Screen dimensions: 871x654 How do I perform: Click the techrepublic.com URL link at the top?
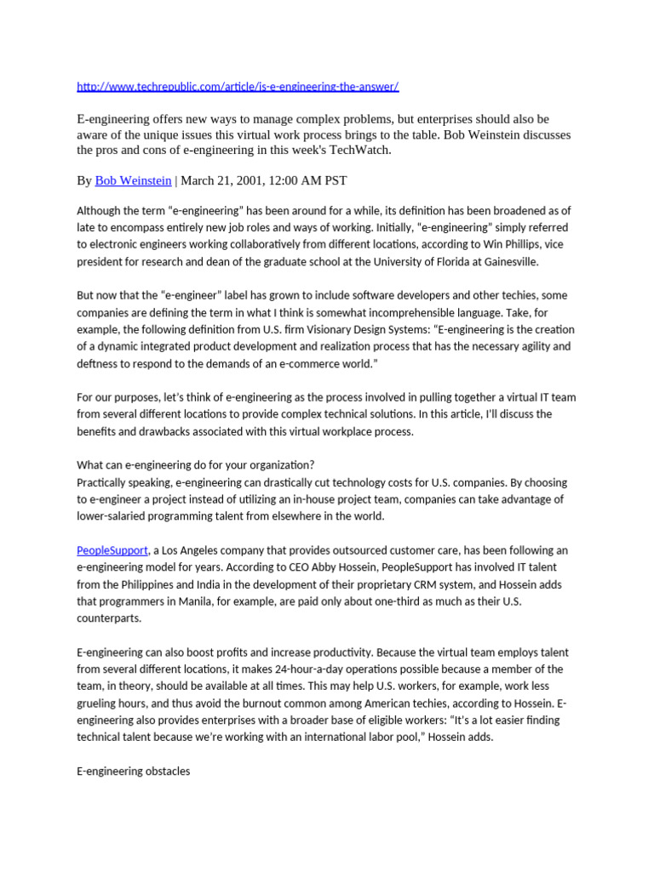(238, 87)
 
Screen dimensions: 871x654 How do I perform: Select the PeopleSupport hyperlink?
(112, 550)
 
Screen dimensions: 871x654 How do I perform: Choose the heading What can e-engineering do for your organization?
(196, 465)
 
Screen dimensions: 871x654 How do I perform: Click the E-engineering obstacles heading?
(134, 771)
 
